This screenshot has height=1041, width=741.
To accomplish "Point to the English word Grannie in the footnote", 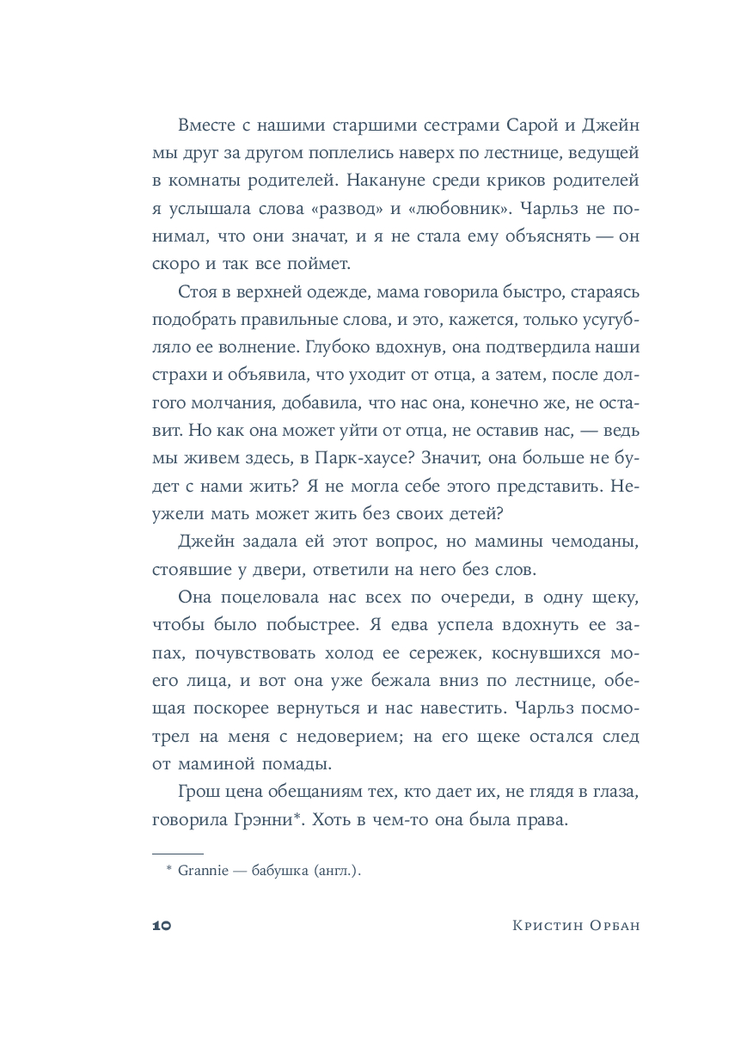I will coord(200,872).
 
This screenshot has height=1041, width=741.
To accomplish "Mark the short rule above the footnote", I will coord(177,854).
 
